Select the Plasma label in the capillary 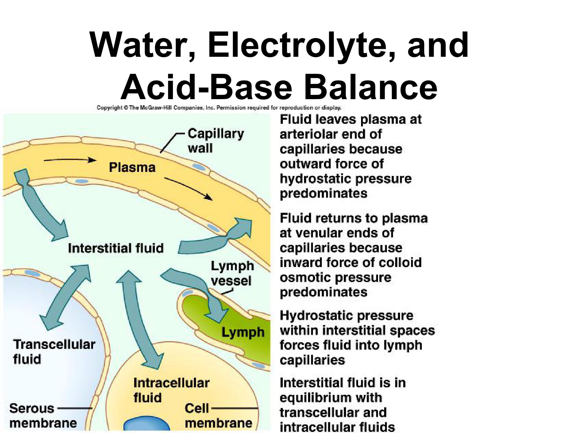[132, 168]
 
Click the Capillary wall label [216, 140]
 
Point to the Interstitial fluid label [116, 248]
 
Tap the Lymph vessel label [232, 273]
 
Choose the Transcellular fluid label [54, 352]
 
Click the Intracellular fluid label [171, 390]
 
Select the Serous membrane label [43, 416]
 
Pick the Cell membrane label [218, 416]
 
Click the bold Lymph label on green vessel [243, 332]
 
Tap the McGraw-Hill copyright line [219, 108]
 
